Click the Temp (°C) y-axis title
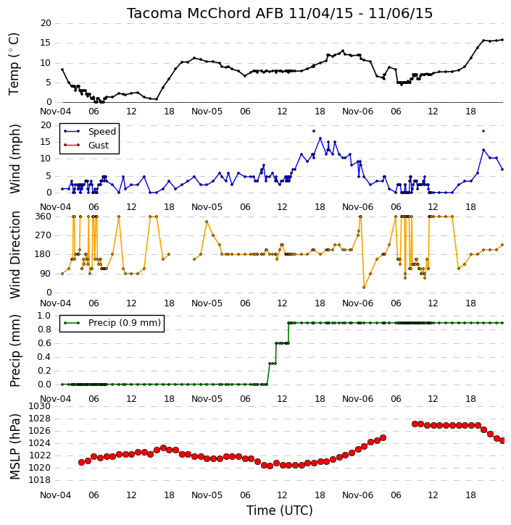(x=14, y=64)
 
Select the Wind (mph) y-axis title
(x=14, y=159)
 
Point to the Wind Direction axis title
(x=14, y=254)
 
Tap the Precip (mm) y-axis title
(x=14, y=350)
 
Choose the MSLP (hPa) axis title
(x=14, y=447)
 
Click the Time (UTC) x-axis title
(x=280, y=511)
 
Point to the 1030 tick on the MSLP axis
(x=40, y=406)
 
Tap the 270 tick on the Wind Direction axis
(x=43, y=235)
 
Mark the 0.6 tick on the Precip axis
(x=44, y=343)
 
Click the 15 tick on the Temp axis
(x=46, y=43)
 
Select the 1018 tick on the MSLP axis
(x=40, y=480)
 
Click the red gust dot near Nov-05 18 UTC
(x=314, y=131)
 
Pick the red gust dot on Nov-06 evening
(x=483, y=131)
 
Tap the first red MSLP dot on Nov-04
(x=81, y=463)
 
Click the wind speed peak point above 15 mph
(x=320, y=138)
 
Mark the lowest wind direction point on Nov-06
(x=364, y=287)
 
